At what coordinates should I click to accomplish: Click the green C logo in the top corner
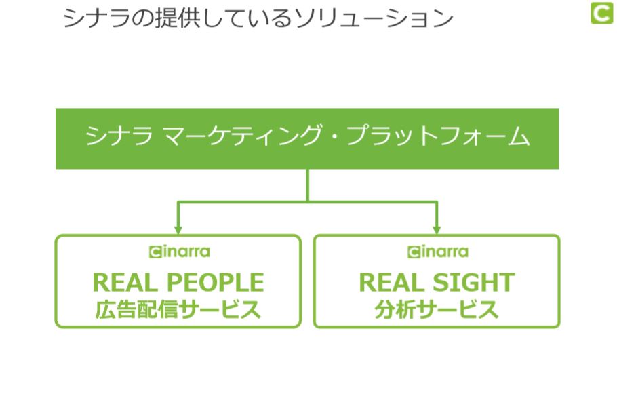click(601, 13)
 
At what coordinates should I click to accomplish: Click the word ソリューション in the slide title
click(374, 18)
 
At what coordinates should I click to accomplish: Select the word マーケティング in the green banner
click(241, 136)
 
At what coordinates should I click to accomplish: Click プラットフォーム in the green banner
click(438, 136)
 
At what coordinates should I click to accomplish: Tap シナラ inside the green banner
click(119, 136)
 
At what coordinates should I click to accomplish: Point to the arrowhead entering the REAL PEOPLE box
click(178, 230)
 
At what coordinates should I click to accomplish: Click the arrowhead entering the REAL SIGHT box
click(437, 230)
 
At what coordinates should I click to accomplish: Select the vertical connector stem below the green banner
click(307, 185)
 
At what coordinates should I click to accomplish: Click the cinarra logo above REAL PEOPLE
click(180, 252)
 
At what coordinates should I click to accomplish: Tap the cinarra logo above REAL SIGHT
click(438, 252)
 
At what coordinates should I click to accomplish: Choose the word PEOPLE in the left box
click(215, 283)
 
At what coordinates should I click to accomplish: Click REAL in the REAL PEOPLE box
click(125, 283)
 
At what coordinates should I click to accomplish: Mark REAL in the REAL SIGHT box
click(392, 283)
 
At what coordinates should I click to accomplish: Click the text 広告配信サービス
click(178, 310)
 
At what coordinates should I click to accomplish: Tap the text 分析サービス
click(437, 310)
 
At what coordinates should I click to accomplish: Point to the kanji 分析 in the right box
click(395, 310)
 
